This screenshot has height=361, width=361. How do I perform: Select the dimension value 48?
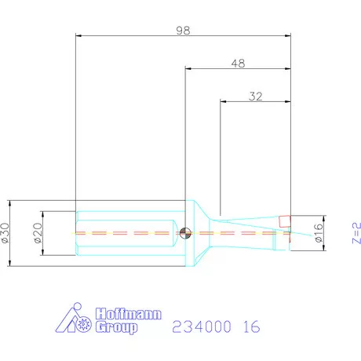(x=238, y=63)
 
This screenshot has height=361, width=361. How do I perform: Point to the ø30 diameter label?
(x=6, y=232)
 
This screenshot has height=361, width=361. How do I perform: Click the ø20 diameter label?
(x=37, y=232)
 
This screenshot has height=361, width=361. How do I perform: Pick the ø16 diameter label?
(x=319, y=233)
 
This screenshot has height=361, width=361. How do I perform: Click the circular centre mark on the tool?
(x=184, y=232)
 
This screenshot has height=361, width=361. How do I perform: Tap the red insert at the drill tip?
(x=285, y=221)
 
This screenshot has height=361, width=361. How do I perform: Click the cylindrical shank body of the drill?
(x=126, y=232)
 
